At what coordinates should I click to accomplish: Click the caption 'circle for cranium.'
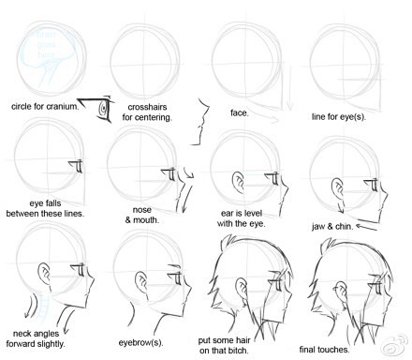click(x=45, y=106)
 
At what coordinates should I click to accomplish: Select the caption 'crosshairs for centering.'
click(x=147, y=112)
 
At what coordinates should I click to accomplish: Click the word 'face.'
click(x=240, y=112)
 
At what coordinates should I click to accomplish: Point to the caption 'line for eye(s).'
click(x=339, y=117)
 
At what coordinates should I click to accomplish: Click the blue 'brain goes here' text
click(x=46, y=44)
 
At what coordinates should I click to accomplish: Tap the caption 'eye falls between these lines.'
click(x=45, y=208)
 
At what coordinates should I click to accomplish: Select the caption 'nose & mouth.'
click(x=142, y=215)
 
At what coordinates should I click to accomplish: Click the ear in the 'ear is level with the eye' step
click(x=239, y=182)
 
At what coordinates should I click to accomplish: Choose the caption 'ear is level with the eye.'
click(x=241, y=218)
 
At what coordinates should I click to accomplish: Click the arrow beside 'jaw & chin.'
click(x=366, y=227)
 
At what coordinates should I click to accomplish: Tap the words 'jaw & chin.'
click(x=332, y=226)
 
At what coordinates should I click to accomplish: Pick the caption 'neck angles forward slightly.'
click(x=36, y=338)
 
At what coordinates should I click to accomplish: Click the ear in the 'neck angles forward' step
click(x=45, y=274)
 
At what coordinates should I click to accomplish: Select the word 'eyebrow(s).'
click(x=140, y=342)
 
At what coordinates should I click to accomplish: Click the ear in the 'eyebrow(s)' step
click(x=141, y=282)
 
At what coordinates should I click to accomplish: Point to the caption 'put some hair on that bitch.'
click(x=225, y=345)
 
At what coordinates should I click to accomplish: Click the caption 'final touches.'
click(x=324, y=350)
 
